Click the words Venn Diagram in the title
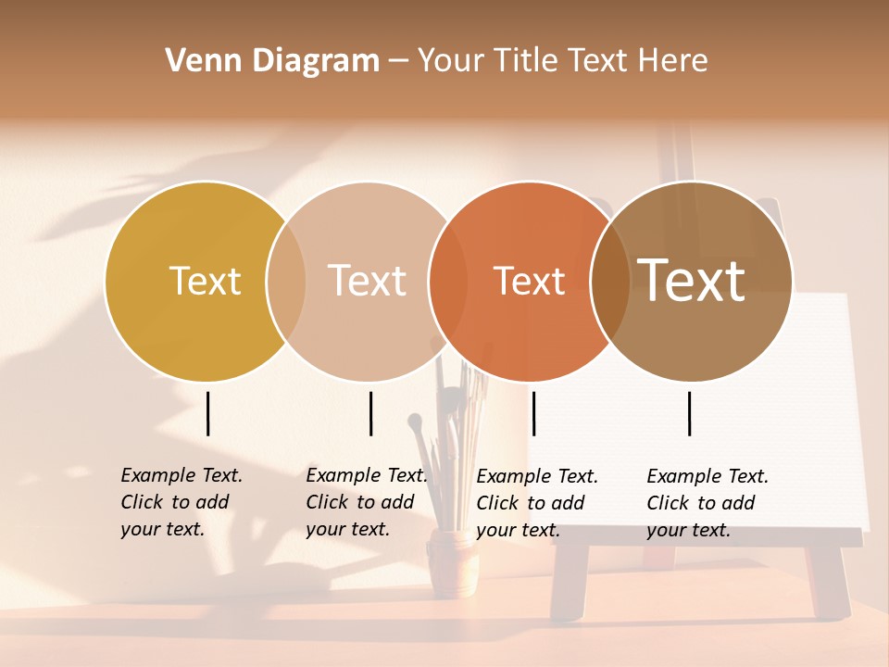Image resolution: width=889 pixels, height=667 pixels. tap(272, 61)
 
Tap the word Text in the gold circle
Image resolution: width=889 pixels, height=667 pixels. tap(205, 281)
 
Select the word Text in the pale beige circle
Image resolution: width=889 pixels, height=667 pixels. tap(367, 281)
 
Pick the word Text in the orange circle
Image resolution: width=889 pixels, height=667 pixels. tap(529, 281)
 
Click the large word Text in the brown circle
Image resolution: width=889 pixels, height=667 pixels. tap(691, 280)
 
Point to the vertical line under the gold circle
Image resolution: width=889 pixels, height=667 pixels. tap(207, 413)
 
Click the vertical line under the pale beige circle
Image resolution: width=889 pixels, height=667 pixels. tap(370, 413)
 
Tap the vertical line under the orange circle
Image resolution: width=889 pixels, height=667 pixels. tap(533, 413)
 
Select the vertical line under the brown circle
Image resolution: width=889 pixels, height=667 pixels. tap(689, 413)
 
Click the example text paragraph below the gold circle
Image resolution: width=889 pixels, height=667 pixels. tap(181, 502)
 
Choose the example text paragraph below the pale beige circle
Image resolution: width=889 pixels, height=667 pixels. tap(366, 502)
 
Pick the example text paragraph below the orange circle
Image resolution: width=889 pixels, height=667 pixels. tap(536, 503)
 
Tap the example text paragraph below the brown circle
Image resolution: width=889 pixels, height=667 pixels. tap(707, 503)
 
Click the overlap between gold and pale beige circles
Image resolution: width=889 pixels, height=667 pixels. tap(286, 281)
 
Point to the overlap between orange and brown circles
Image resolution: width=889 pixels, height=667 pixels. tap(610, 281)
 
